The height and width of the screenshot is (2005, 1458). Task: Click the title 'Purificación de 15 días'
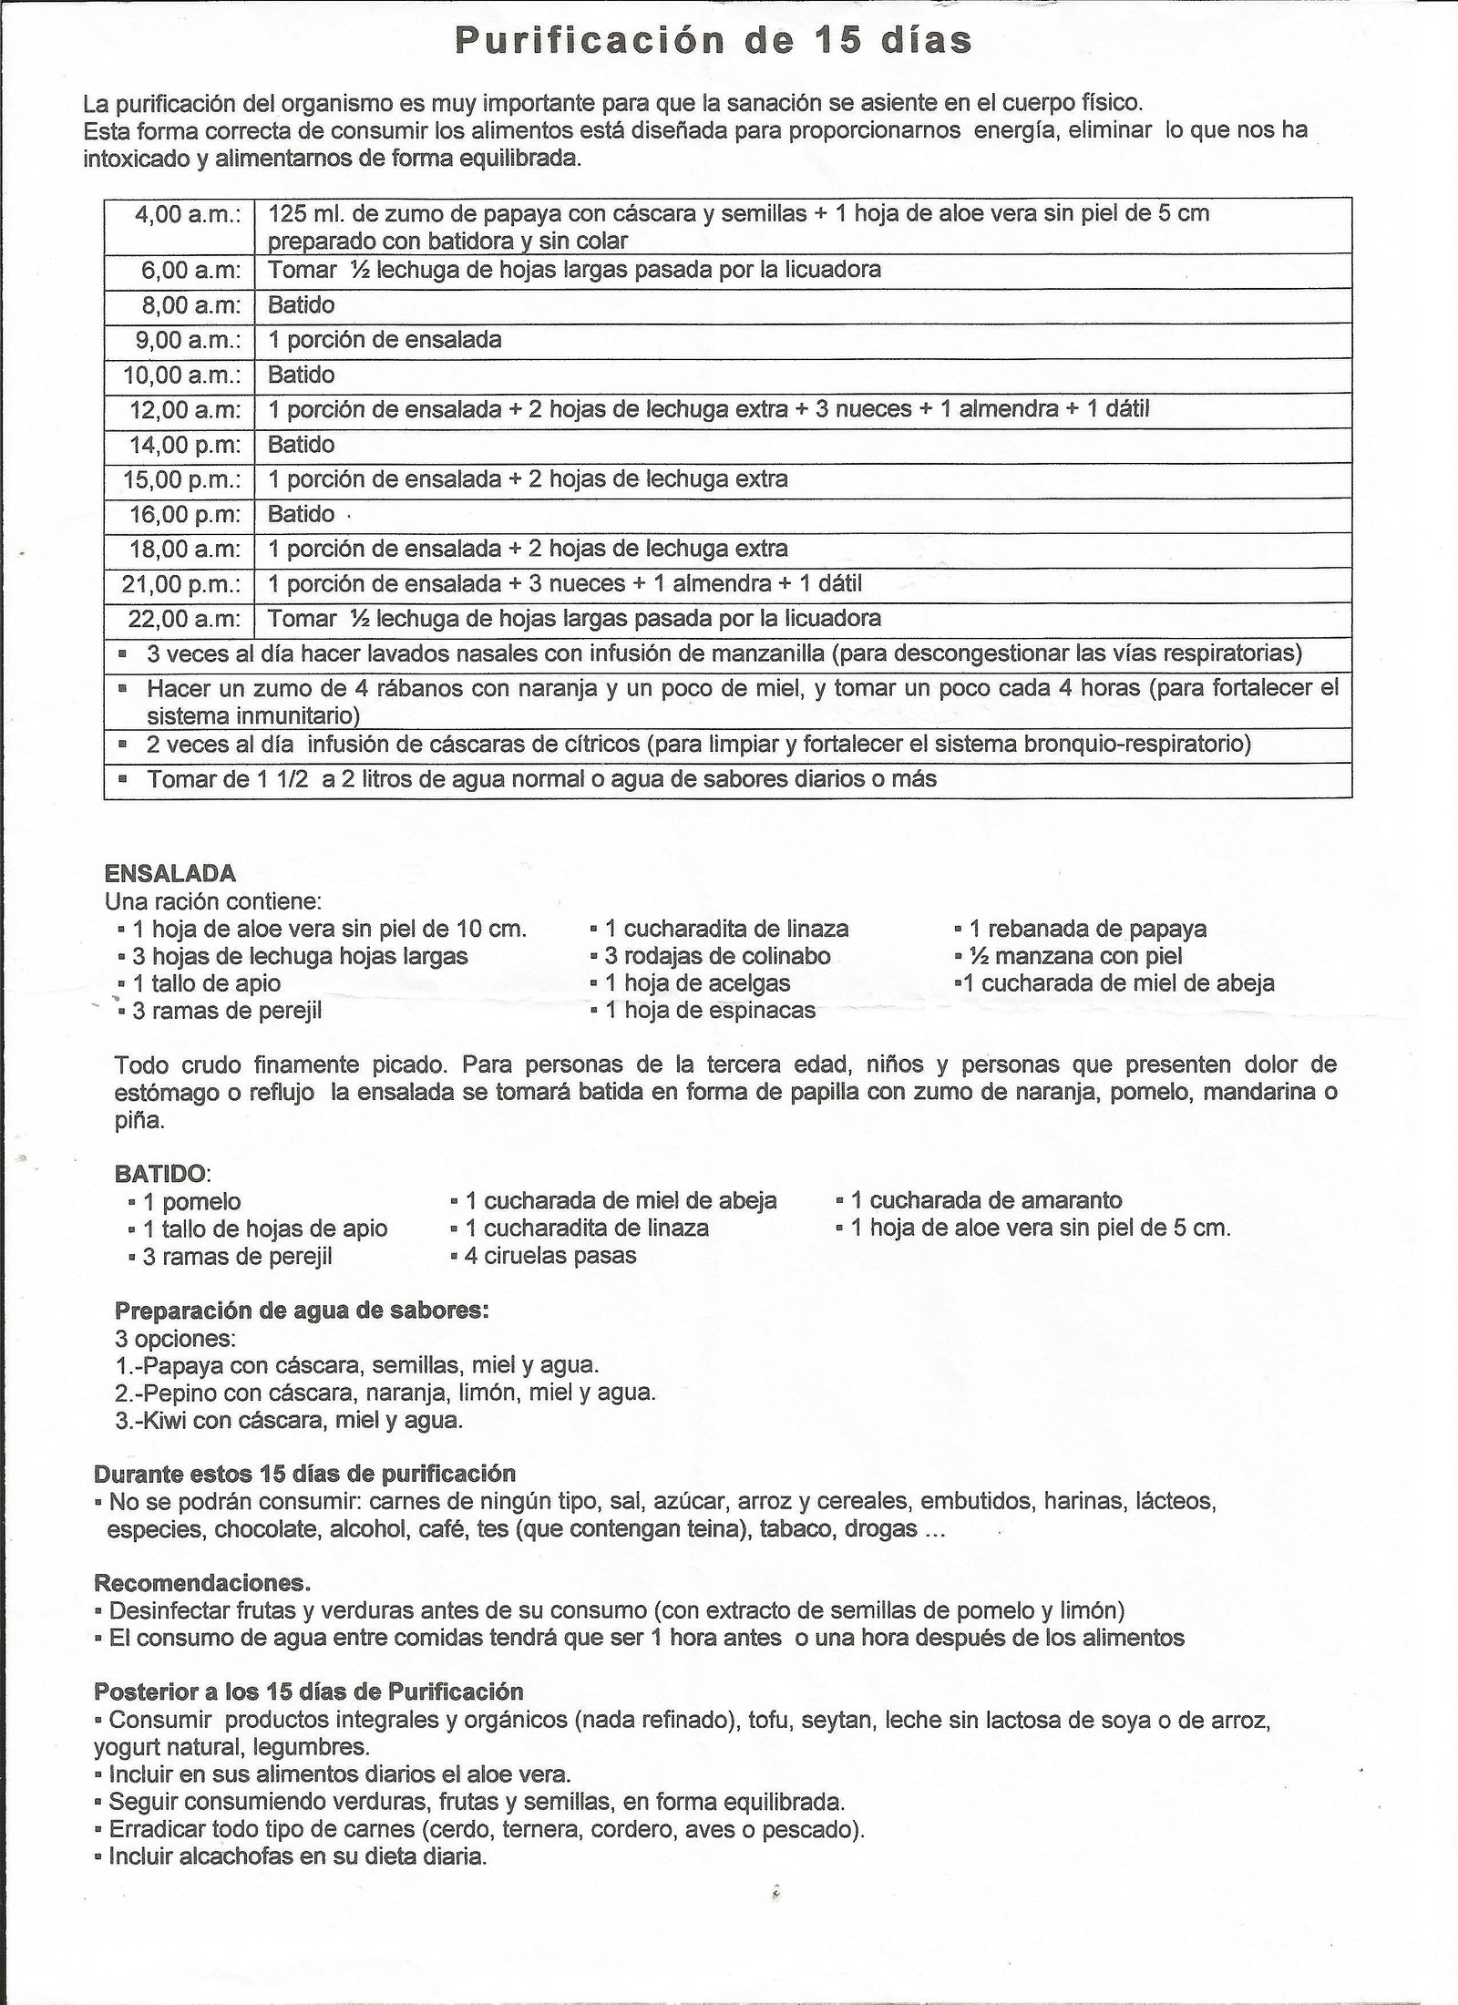(x=714, y=42)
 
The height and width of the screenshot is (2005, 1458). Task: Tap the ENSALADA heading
(x=170, y=873)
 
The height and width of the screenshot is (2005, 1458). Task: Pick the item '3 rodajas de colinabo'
(x=717, y=956)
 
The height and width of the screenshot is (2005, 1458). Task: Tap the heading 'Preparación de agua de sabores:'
(x=302, y=1311)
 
